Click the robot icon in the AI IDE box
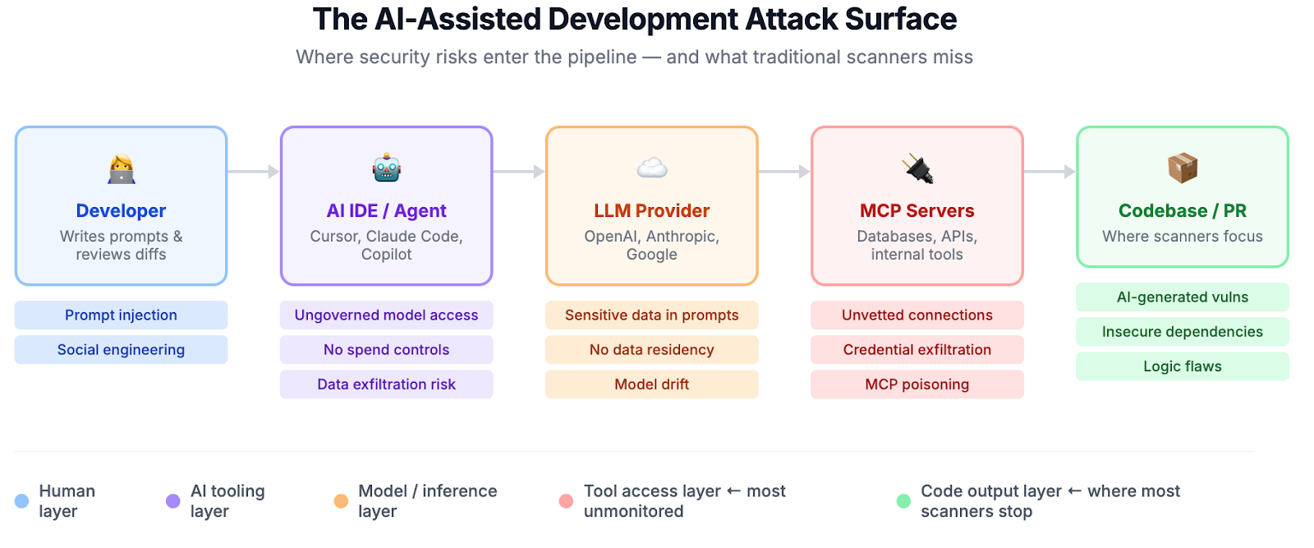coord(386,168)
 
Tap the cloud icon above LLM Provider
coord(652,168)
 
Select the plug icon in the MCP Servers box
coord(917,168)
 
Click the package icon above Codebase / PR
coord(1183,168)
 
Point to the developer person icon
coord(122,168)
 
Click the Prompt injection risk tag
coord(121,315)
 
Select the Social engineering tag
coord(121,349)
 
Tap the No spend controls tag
coord(386,349)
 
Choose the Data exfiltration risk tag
coord(386,384)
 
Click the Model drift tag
coord(652,384)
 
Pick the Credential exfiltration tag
coord(917,349)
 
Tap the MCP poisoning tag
coord(917,384)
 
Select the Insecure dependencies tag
coord(1183,332)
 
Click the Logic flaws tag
coord(1183,366)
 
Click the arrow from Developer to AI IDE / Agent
coord(254,172)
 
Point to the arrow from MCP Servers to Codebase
coord(1050,172)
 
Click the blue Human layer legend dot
coord(22,501)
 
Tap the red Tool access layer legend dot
coord(566,501)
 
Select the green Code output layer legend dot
coord(903,501)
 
